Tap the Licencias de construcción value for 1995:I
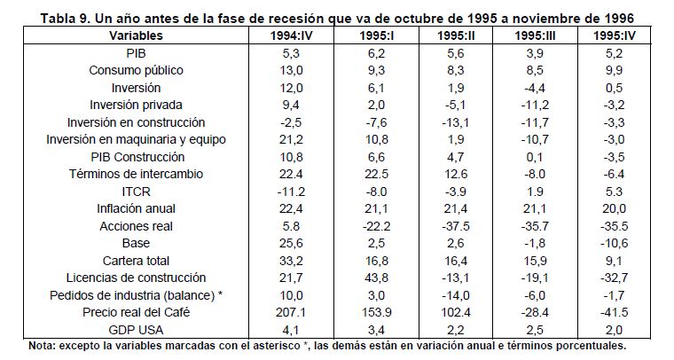373,278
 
